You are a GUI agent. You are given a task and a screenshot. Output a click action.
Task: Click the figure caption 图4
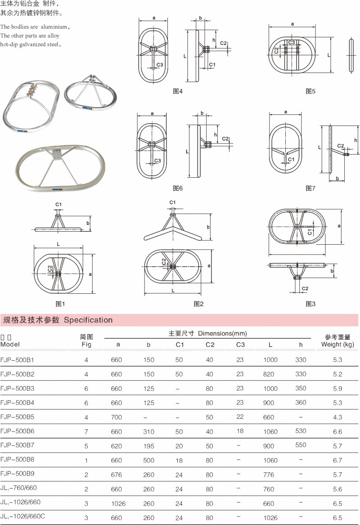tap(178, 91)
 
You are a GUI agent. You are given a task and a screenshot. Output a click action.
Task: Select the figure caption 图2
tap(198, 304)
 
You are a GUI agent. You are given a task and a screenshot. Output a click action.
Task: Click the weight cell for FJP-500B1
tap(338, 359)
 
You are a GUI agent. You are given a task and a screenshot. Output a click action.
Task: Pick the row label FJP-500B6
tap(18, 431)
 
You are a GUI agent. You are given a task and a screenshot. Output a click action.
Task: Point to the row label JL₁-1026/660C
tap(23, 516)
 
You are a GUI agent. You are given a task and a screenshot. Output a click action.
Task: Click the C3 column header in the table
tap(240, 345)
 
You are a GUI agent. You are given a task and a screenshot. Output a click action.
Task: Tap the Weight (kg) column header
tap(337, 345)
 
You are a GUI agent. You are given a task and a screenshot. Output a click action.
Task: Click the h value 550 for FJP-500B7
tap(301, 445)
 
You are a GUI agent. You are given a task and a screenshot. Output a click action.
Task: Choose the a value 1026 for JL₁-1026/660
tap(117, 503)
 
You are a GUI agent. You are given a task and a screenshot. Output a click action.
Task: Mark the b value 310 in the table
tap(149, 431)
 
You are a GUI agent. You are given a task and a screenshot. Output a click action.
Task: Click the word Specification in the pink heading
tap(88, 320)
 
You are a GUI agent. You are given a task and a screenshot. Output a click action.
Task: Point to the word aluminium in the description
tap(51, 27)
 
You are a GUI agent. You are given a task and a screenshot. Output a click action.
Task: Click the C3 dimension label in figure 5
tap(292, 42)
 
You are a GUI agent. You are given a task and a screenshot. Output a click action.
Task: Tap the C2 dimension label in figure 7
tap(341, 146)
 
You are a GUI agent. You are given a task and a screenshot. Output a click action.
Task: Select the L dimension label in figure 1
tap(58, 242)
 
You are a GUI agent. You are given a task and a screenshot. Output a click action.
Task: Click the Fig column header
tap(86, 345)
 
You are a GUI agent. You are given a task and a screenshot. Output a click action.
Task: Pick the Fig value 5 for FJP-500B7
tap(86, 446)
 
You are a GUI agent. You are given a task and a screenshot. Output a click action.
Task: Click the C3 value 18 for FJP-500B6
tap(240, 431)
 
